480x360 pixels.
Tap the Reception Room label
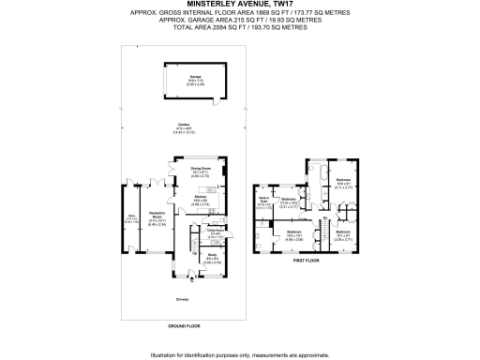coord(150,219)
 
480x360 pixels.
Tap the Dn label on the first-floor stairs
coord(324,219)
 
